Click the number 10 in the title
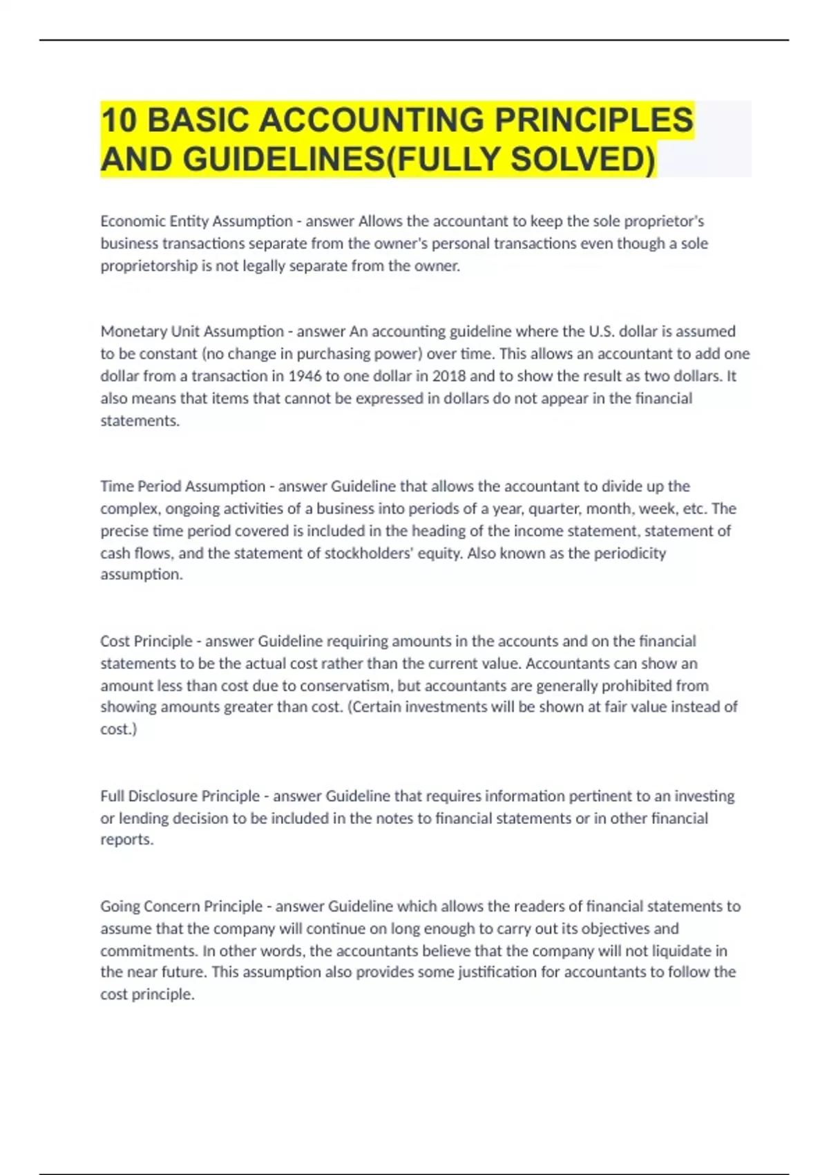point(118,120)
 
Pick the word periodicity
point(627,553)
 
